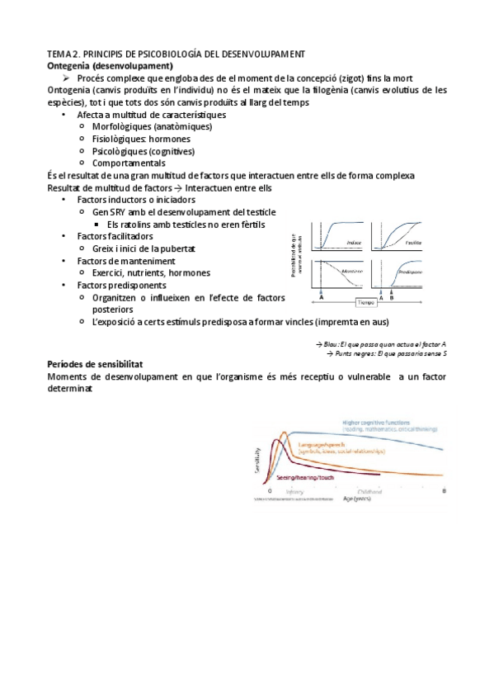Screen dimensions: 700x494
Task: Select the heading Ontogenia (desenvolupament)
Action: tap(110, 65)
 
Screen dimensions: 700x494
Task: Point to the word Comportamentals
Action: tap(129, 163)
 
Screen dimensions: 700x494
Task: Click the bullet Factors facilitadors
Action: tap(115, 236)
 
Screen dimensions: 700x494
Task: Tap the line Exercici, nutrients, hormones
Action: tap(151, 272)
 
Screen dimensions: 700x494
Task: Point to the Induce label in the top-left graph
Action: tap(354, 242)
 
